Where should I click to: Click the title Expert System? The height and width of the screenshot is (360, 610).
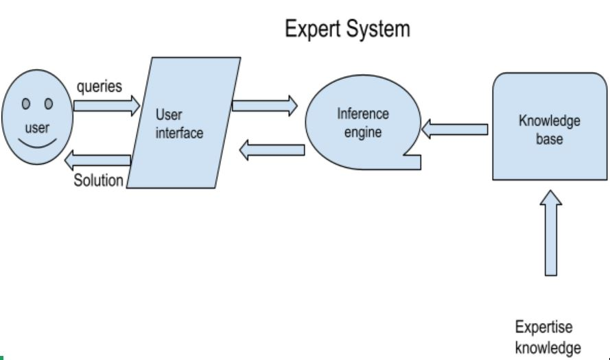pyautogui.click(x=347, y=29)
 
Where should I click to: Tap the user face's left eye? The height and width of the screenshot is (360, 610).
pyautogui.click(x=26, y=104)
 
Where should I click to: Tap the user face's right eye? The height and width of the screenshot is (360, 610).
pyautogui.click(x=49, y=104)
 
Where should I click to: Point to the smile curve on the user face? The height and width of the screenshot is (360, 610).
pyautogui.click(x=37, y=146)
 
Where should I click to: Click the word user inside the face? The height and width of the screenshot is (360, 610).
pyautogui.click(x=37, y=128)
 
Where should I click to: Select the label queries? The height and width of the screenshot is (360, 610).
pyautogui.click(x=100, y=87)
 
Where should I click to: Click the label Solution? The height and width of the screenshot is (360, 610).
pyautogui.click(x=99, y=181)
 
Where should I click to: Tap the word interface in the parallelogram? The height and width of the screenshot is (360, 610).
pyautogui.click(x=180, y=133)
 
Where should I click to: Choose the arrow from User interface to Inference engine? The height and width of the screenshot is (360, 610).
pyautogui.click(x=265, y=106)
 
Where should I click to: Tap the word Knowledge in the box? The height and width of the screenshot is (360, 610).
pyautogui.click(x=550, y=121)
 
